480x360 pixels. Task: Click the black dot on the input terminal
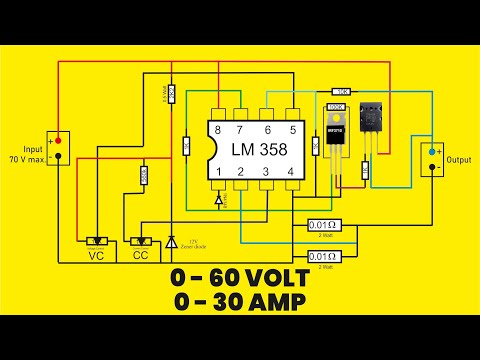click(59, 156)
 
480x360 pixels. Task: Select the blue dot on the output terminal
click(433, 152)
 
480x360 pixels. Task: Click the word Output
click(459, 160)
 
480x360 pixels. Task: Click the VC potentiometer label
click(97, 256)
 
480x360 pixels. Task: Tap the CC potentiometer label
click(140, 256)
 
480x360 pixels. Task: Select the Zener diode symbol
click(172, 242)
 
